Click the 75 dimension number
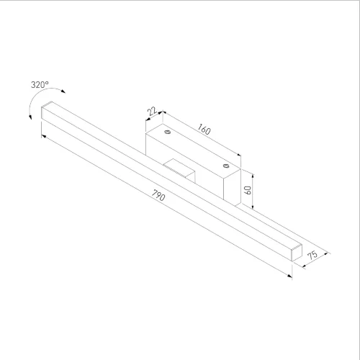click(313, 256)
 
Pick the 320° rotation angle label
click(40, 85)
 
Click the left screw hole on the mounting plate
click(167, 133)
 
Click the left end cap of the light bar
click(47, 113)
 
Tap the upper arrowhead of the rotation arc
click(62, 89)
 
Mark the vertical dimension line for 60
click(253, 191)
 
